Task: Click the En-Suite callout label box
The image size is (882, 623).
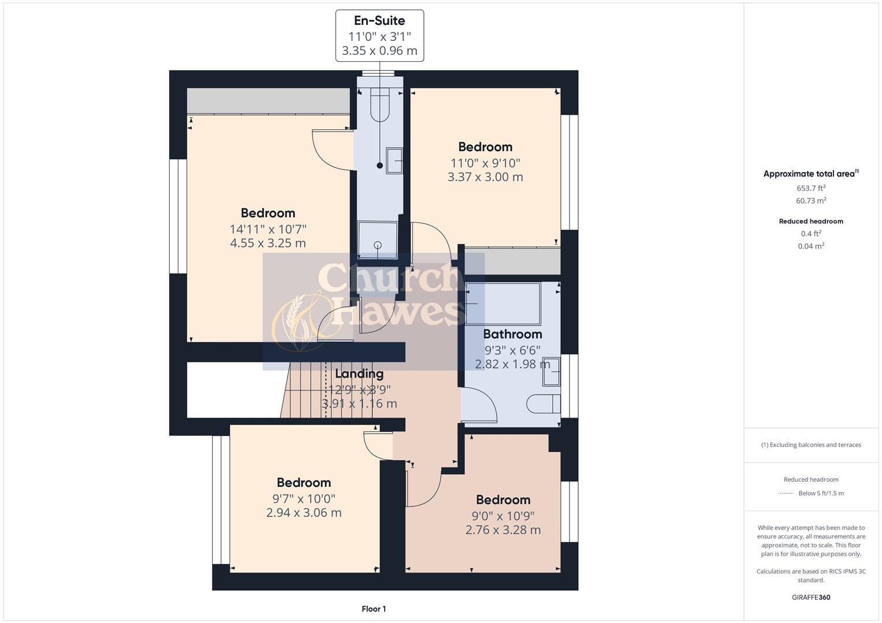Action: click(x=379, y=36)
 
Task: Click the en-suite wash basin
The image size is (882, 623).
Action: click(x=395, y=160)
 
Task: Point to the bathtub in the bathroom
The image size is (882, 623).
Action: click(x=503, y=303)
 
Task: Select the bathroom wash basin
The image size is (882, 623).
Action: click(x=551, y=371)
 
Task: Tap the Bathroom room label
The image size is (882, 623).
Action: click(x=512, y=334)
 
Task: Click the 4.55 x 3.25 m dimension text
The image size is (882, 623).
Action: click(x=267, y=243)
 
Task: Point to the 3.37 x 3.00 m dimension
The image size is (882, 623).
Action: click(x=485, y=177)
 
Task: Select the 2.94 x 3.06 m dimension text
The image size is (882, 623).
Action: click(x=304, y=513)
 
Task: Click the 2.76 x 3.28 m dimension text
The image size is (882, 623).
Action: click(x=503, y=530)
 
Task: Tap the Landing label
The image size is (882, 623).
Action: click(x=359, y=374)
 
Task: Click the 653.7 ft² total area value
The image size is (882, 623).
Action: click(x=811, y=188)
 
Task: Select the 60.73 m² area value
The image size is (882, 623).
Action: click(x=811, y=201)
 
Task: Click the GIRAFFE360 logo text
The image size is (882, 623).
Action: click(x=811, y=597)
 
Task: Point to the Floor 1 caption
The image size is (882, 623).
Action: click(x=374, y=609)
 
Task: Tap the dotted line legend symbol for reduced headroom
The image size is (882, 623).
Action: click(x=786, y=493)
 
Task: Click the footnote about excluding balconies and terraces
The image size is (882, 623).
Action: click(x=811, y=445)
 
